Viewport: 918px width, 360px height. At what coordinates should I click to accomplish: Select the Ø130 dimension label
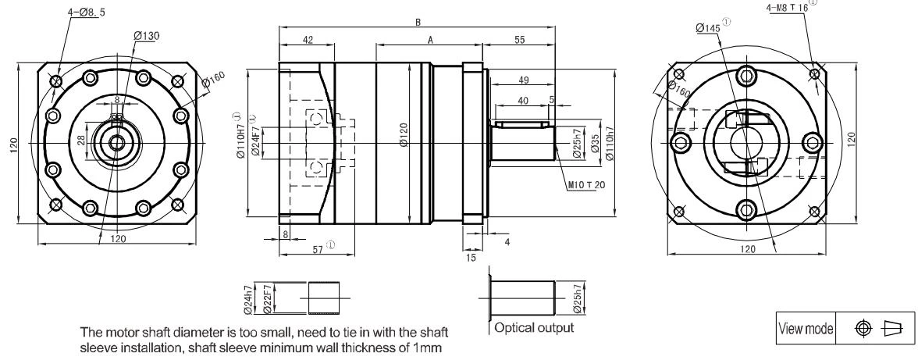pos(147,36)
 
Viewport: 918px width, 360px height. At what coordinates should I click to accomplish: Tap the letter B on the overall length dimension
pos(418,22)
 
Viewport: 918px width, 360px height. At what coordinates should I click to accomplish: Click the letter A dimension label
pos(430,40)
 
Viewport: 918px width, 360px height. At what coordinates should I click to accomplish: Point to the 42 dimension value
pos(308,40)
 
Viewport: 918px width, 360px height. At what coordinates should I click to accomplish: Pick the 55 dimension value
pos(519,40)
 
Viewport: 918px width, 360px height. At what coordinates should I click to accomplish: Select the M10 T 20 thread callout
pos(586,185)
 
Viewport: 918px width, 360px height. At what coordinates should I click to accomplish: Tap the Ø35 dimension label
pos(596,144)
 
